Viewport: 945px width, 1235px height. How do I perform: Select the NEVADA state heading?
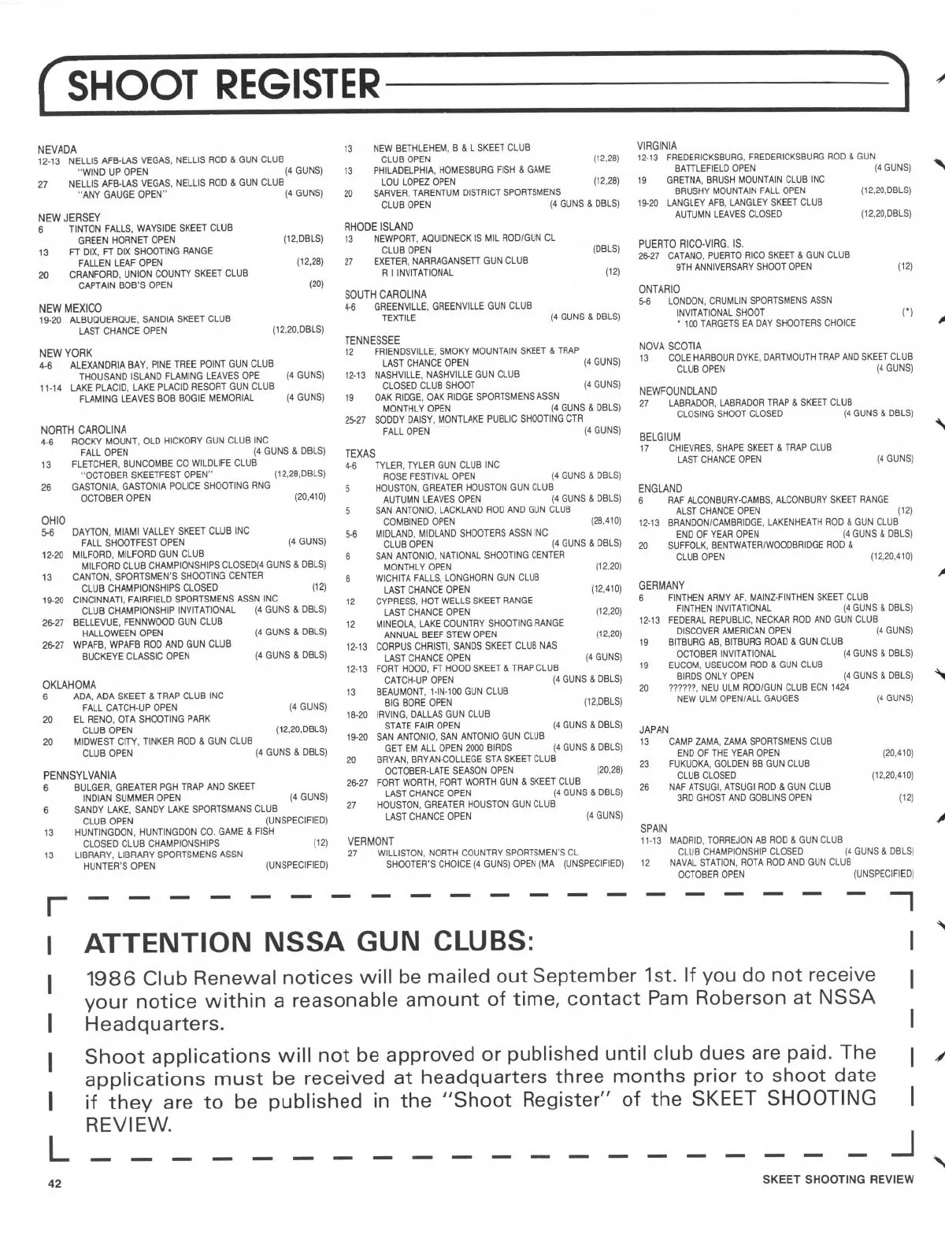pos(57,150)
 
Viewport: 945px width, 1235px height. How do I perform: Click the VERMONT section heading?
pos(370,841)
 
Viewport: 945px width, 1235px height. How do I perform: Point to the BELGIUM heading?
pos(659,436)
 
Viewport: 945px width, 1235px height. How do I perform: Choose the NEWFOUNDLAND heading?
pos(677,391)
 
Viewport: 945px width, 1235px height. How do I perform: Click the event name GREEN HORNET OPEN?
pos(127,240)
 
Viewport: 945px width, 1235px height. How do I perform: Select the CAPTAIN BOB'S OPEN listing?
pos(125,285)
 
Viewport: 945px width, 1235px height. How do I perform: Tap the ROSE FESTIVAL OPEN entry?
pos(429,477)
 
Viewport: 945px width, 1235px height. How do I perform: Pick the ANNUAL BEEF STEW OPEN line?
pos(440,634)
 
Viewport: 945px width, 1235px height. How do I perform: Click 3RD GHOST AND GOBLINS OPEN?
pos(744,797)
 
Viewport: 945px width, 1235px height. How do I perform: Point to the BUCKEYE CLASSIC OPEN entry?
pos(135,656)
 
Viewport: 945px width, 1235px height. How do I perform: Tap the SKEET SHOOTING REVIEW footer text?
pos(838,1179)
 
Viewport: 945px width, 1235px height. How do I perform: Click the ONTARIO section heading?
pos(659,289)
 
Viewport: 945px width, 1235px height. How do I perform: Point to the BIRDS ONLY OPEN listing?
pos(715,676)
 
